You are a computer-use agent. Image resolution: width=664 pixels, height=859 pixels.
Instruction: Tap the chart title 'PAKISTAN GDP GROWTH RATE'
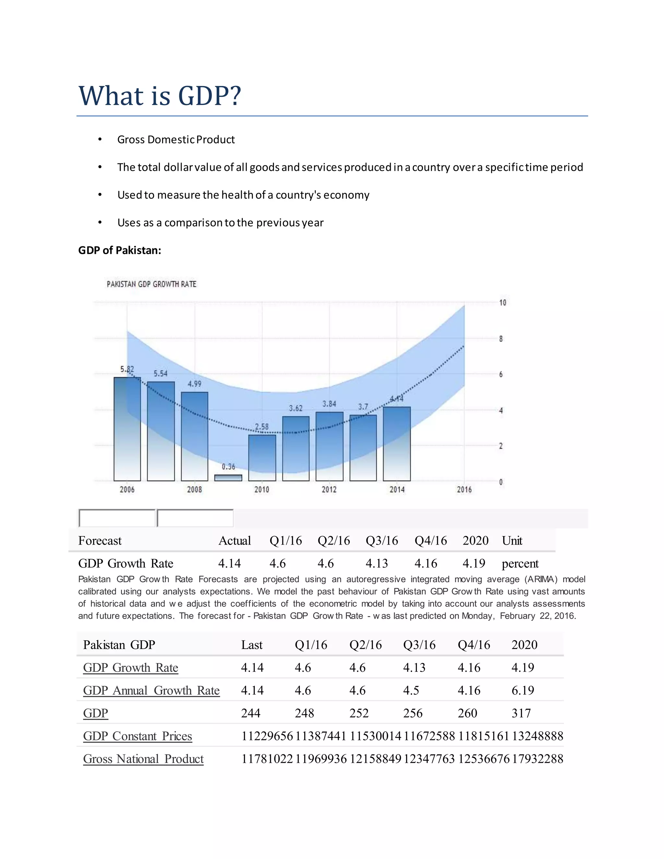tap(151, 284)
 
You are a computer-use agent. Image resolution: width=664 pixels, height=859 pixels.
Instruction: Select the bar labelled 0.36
tap(228, 477)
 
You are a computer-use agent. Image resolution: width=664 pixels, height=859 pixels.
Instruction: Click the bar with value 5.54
tap(161, 431)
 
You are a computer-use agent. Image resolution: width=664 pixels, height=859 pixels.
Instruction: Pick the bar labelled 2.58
tap(262, 457)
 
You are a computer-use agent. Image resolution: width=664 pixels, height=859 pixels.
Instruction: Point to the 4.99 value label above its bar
tap(194, 384)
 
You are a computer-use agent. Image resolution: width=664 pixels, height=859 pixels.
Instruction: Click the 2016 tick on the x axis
tap(464, 489)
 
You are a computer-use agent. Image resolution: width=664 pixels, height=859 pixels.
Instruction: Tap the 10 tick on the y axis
tap(502, 303)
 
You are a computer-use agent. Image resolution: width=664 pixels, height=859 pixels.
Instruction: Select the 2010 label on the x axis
tap(262, 489)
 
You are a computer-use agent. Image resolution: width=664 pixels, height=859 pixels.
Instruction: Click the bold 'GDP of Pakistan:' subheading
tap(120, 250)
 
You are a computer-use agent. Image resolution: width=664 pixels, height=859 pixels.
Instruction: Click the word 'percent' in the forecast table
tap(520, 563)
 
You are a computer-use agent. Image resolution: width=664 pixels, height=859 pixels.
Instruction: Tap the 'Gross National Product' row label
tap(143, 759)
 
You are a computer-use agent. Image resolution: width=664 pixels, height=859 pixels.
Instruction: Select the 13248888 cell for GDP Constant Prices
tap(537, 736)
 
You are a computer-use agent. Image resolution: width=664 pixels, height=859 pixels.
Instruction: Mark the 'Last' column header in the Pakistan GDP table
tap(252, 645)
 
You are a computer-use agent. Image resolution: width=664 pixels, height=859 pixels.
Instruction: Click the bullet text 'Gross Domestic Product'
tap(176, 140)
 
